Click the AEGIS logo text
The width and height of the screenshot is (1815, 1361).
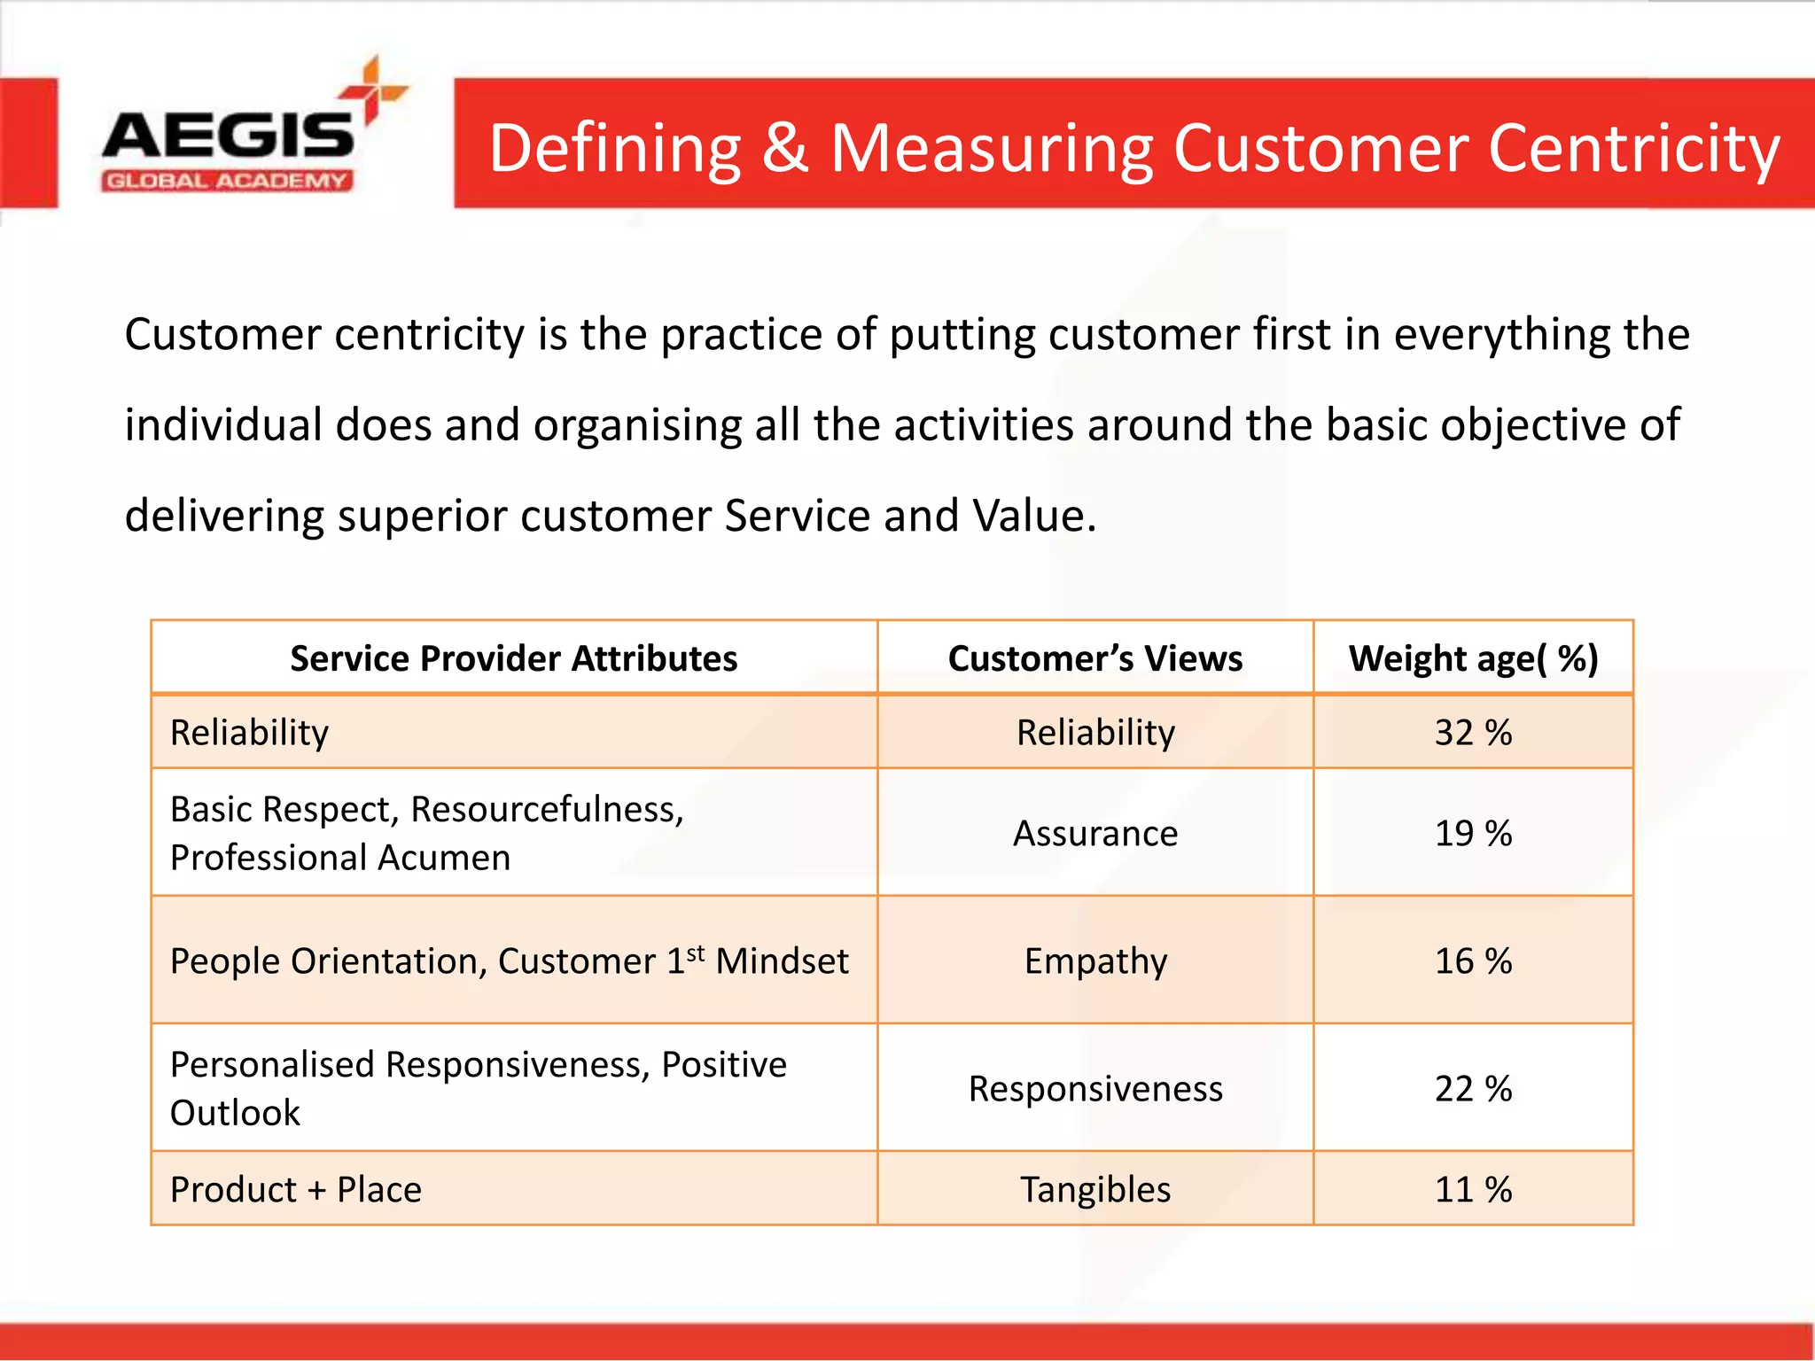[228, 135]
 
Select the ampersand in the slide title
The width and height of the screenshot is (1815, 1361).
[785, 148]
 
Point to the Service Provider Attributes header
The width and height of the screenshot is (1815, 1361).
[513, 658]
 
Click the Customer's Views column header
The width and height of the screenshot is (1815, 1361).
[1094, 658]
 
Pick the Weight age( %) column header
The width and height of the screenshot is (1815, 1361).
[1473, 658]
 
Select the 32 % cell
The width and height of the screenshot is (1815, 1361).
[1473, 733]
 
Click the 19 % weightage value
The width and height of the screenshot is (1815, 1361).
[1473, 834]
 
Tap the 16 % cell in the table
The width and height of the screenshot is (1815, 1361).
[1473, 961]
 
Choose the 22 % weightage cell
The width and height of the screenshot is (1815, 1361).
[1473, 1089]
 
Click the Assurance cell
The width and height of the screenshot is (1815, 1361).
[1095, 834]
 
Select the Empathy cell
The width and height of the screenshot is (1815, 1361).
[1095, 961]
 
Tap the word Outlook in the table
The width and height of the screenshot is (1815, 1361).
[235, 1113]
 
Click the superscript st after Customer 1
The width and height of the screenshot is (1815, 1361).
[696, 953]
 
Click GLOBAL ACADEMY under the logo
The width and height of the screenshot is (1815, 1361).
[227, 181]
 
